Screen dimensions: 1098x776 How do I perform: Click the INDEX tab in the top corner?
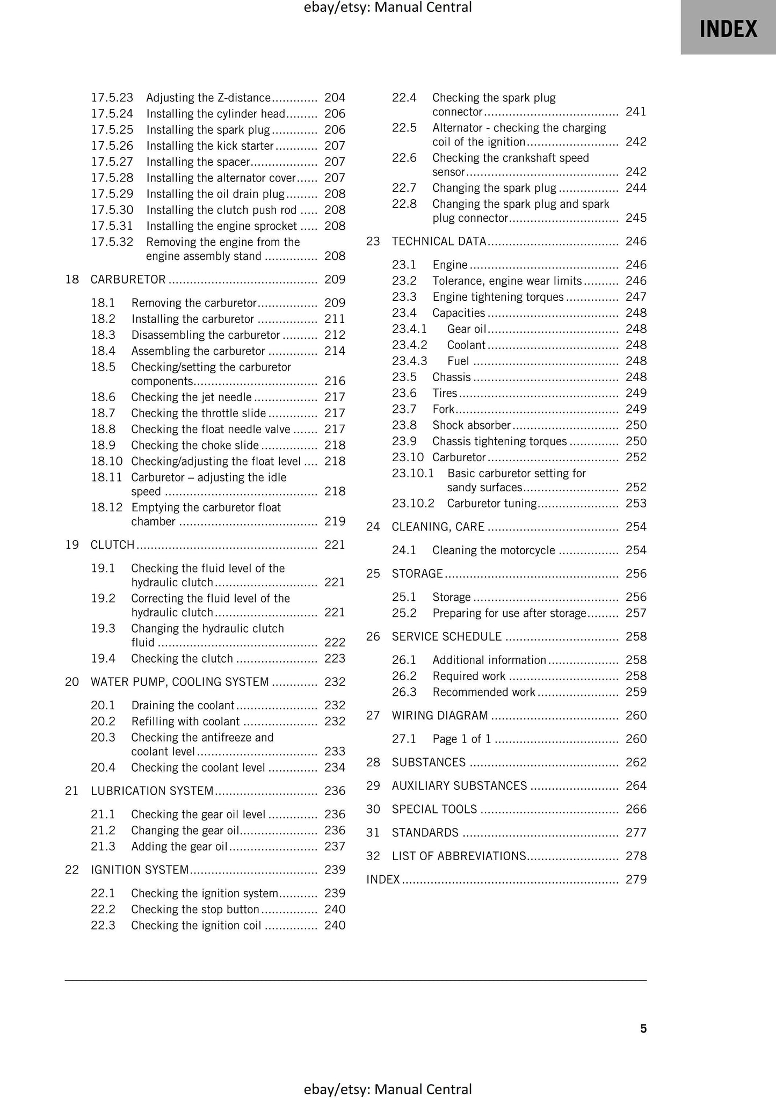pyautogui.click(x=728, y=28)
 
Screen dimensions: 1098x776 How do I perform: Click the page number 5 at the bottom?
pyautogui.click(x=643, y=1029)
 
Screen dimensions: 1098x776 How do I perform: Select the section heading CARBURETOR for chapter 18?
pyautogui.click(x=128, y=279)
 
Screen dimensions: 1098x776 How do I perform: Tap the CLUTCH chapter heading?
pyautogui.click(x=112, y=545)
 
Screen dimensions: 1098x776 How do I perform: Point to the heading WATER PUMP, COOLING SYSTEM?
pyautogui.click(x=179, y=682)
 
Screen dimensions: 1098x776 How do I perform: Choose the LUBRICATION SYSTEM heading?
pyautogui.click(x=152, y=791)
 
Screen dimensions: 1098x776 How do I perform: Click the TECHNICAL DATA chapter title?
pyautogui.click(x=439, y=242)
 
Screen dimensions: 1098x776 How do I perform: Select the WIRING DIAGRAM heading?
pyautogui.click(x=440, y=716)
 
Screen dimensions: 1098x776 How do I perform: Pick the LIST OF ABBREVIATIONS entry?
pyautogui.click(x=459, y=856)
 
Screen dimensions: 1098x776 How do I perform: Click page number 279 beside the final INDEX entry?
pyautogui.click(x=636, y=879)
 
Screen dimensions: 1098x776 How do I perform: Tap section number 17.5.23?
pyautogui.click(x=112, y=98)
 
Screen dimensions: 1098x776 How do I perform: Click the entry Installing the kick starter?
pyautogui.click(x=209, y=146)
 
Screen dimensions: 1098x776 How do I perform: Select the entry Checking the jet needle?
pyautogui.click(x=191, y=397)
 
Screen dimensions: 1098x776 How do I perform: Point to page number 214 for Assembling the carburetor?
pyautogui.click(x=335, y=351)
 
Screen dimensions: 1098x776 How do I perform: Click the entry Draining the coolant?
pyautogui.click(x=183, y=706)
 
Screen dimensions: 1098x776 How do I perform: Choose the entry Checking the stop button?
pyautogui.click(x=195, y=910)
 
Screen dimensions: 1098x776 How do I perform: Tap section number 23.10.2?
pyautogui.click(x=412, y=504)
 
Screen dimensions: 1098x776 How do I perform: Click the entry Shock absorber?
pyautogui.click(x=471, y=425)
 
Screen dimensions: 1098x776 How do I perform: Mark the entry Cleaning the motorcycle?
pyautogui.click(x=493, y=550)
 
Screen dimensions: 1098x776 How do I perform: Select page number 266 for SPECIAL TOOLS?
pyautogui.click(x=636, y=809)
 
